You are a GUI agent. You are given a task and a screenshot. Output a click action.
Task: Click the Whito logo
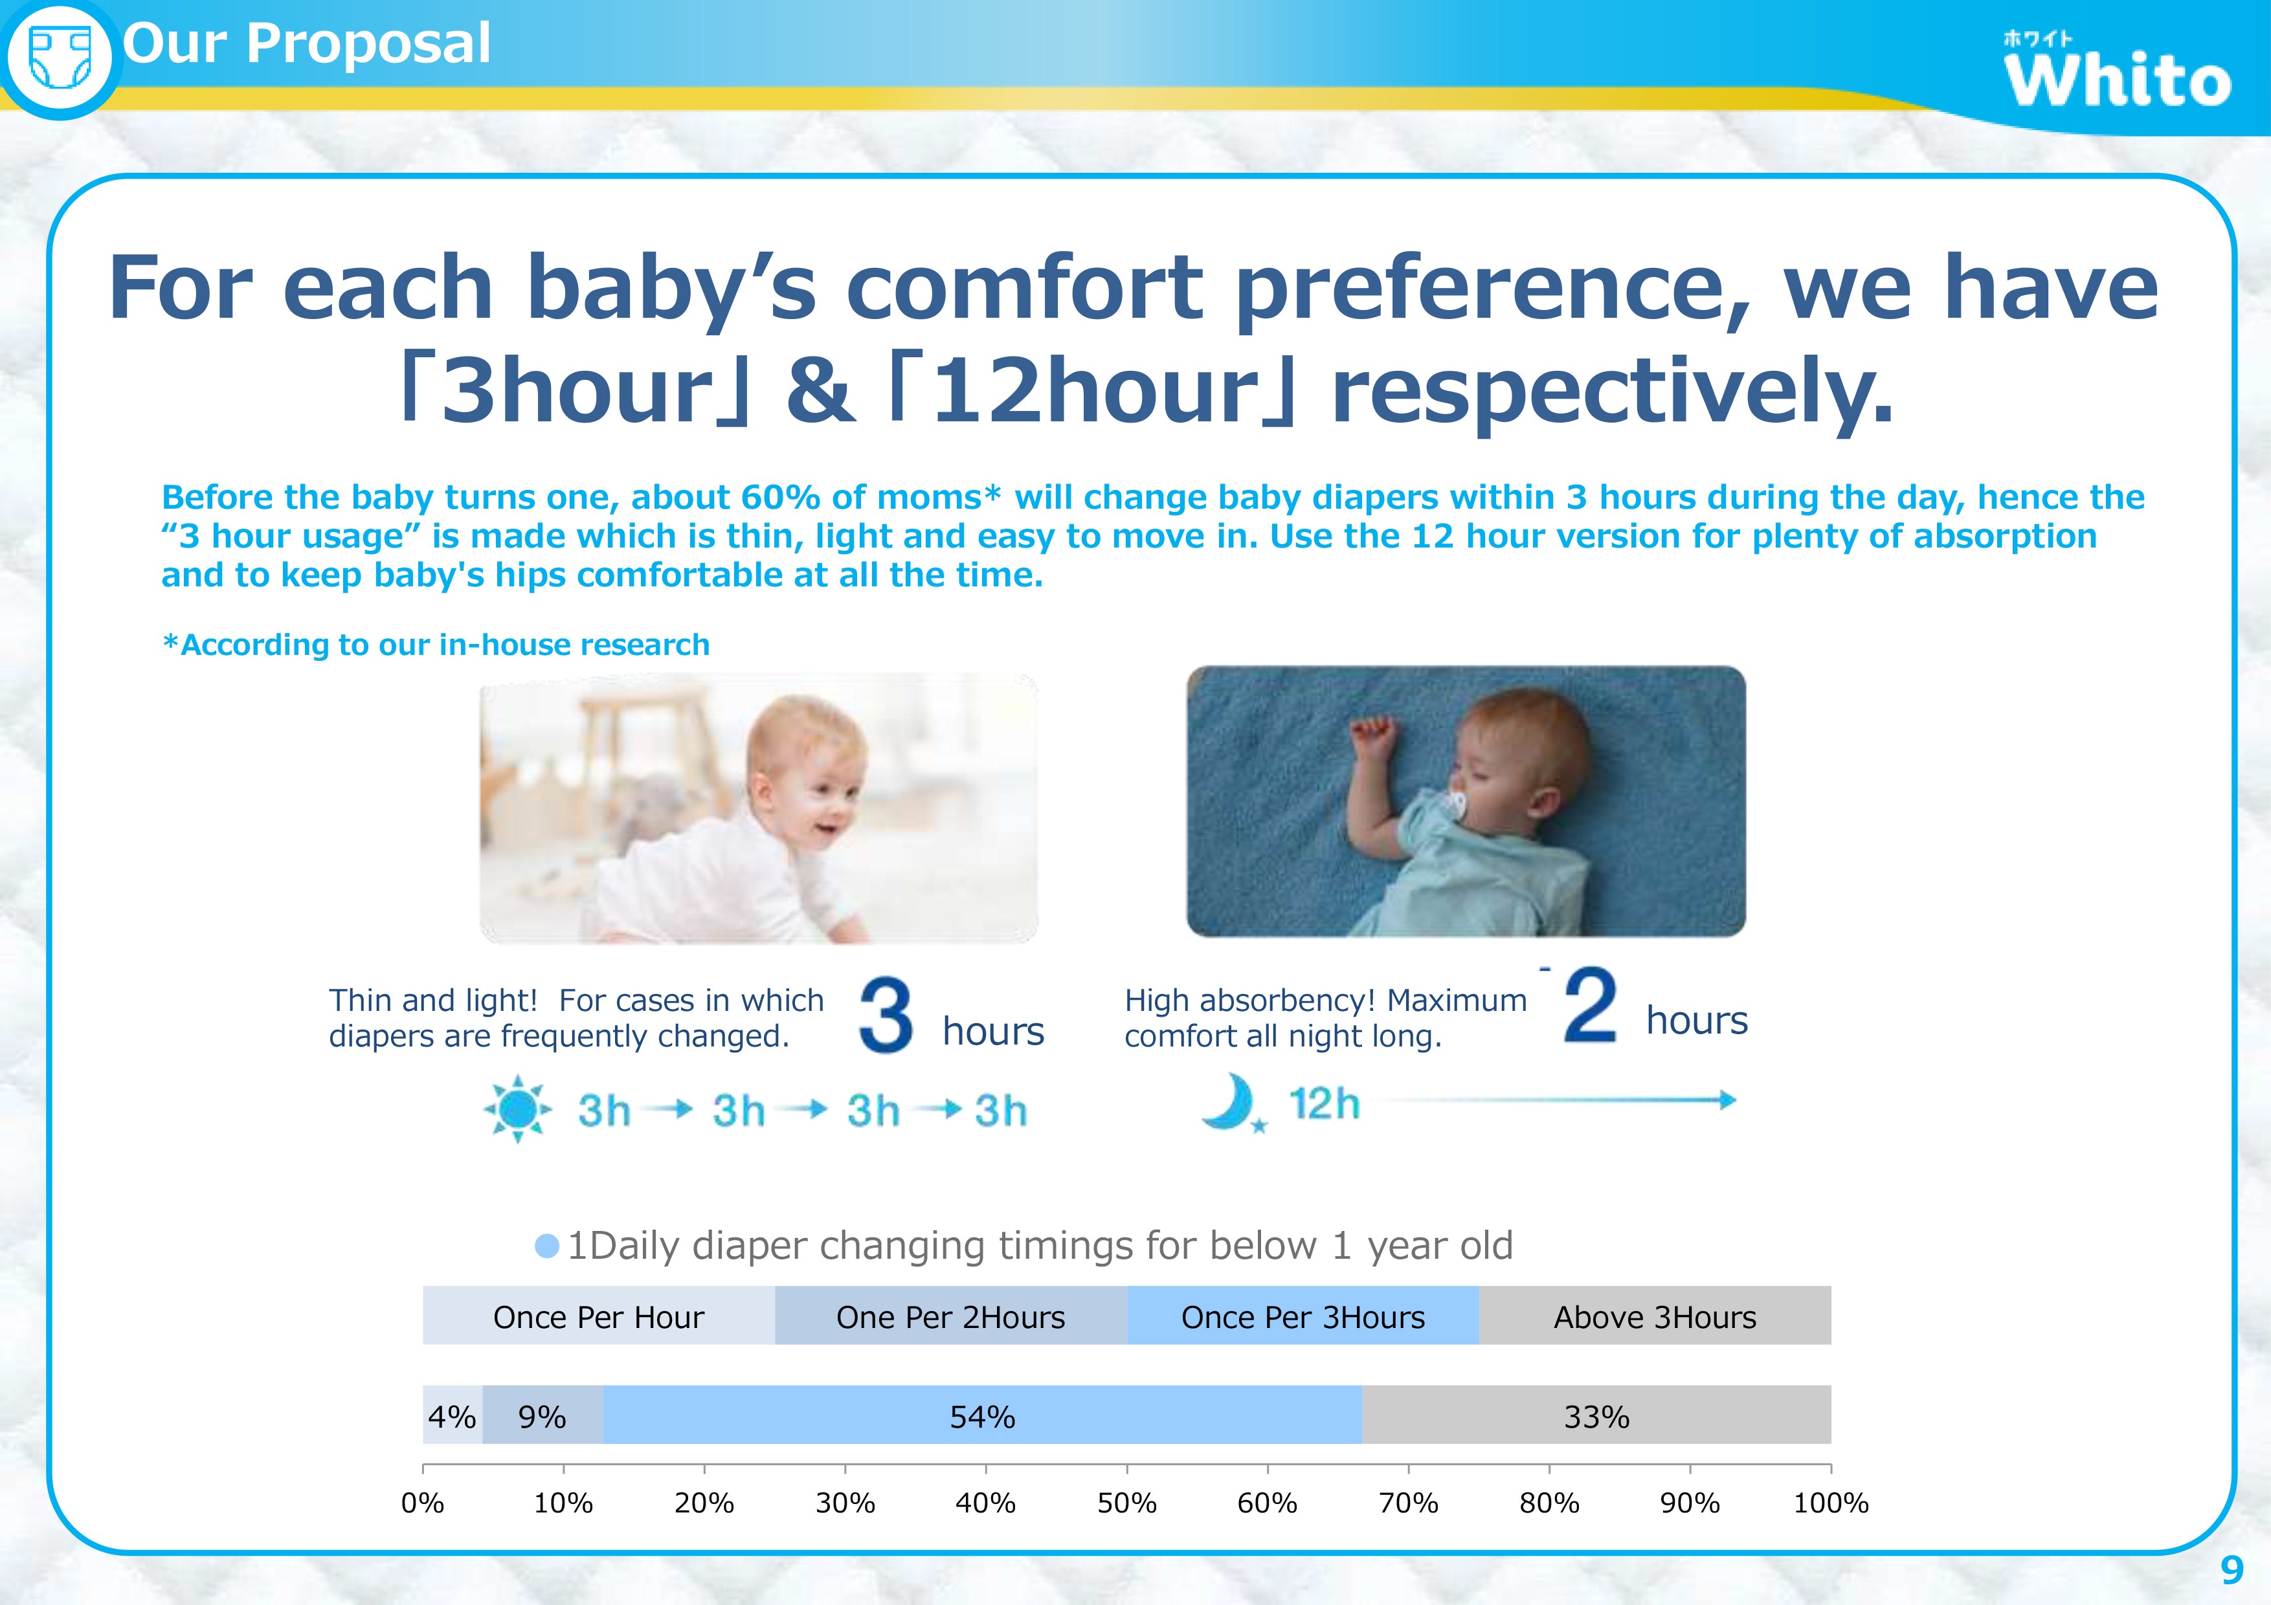coord(2117,71)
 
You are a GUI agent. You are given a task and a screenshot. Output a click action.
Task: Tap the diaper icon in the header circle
coord(60,58)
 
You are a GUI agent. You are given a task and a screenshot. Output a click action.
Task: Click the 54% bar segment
coord(982,1415)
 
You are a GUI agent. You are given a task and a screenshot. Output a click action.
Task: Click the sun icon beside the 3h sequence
coord(517,1109)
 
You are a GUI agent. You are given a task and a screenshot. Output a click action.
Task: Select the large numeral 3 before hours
coord(885,1015)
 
